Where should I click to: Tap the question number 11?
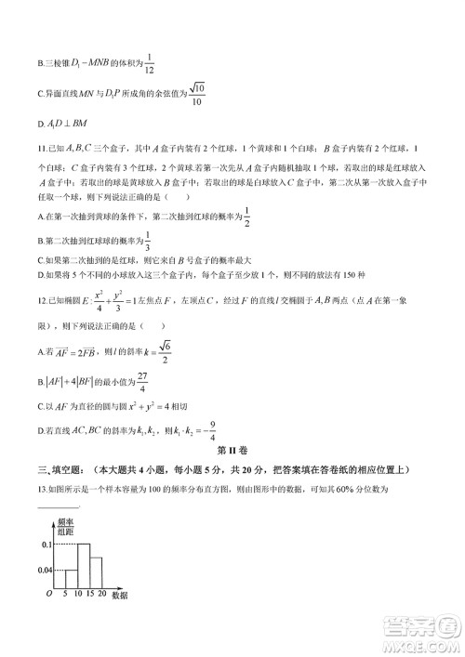(x=42, y=148)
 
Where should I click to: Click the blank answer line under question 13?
(x=58, y=506)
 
